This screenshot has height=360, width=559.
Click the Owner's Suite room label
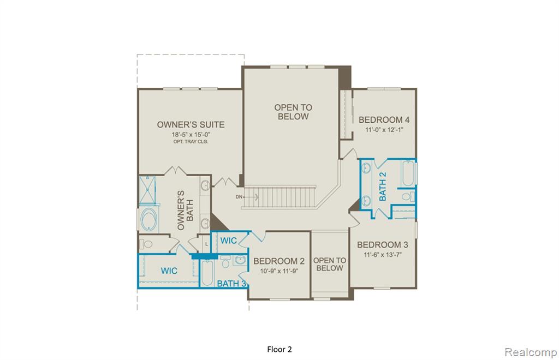191,124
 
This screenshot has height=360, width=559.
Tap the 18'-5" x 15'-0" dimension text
191,135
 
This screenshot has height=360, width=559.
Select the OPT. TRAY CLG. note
191,141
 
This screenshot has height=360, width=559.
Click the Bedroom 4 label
384,119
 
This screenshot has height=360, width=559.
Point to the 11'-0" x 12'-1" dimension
384,130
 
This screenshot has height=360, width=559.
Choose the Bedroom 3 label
383,244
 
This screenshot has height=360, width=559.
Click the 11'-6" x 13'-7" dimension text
383,255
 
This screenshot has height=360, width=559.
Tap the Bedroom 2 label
279,261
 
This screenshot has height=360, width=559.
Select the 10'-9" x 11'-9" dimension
279,271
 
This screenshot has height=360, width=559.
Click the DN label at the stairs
239,197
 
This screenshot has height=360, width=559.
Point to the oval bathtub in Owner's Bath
148,219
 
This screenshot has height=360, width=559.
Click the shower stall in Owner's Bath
147,189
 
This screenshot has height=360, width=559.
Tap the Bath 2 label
383,186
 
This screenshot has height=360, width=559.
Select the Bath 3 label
231,284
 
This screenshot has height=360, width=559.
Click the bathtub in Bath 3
207,273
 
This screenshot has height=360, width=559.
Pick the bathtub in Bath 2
408,173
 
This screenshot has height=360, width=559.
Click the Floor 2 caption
279,349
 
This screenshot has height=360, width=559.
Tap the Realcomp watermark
531,352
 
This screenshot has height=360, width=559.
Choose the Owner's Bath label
186,210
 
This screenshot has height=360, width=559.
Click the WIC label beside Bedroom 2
229,241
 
